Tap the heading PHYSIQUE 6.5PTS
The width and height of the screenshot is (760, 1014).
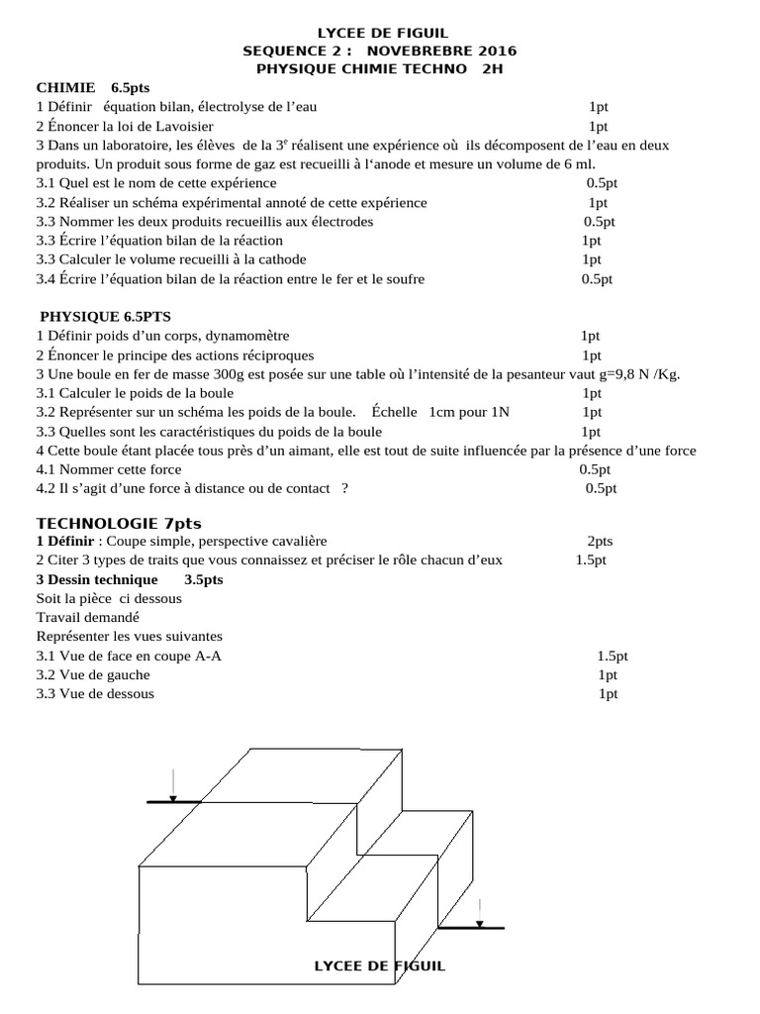pyautogui.click(x=105, y=317)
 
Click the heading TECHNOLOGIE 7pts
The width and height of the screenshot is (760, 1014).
pyautogui.click(x=120, y=523)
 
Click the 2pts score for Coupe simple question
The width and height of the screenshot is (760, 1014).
pyautogui.click(x=600, y=542)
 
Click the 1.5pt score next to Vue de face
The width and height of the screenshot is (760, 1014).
pyautogui.click(x=613, y=656)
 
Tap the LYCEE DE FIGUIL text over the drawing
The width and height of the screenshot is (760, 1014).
pyautogui.click(x=380, y=964)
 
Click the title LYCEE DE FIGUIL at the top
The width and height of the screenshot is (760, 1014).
pyautogui.click(x=380, y=34)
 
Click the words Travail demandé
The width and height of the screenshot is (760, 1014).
pyautogui.click(x=89, y=617)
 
